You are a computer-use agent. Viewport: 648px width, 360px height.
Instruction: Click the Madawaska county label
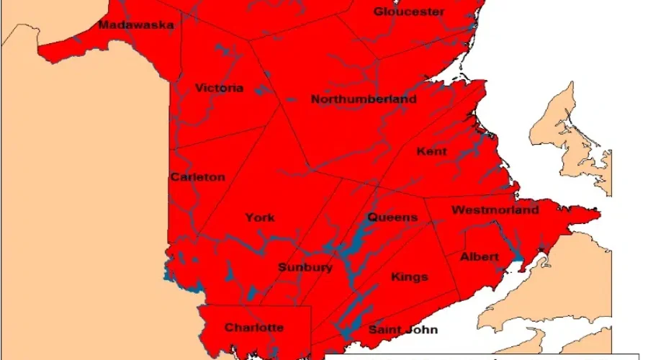click(136, 25)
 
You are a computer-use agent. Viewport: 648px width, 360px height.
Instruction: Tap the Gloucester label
click(409, 12)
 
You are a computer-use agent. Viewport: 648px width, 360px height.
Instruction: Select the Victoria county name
click(220, 89)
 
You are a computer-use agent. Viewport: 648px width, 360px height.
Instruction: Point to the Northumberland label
click(364, 99)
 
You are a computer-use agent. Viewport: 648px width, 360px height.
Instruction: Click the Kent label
click(431, 152)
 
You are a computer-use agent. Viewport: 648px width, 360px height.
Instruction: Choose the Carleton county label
click(198, 177)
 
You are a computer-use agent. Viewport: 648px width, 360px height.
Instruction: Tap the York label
click(259, 217)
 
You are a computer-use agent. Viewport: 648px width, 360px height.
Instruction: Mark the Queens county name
click(392, 217)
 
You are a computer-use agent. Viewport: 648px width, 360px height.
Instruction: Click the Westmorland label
click(495, 210)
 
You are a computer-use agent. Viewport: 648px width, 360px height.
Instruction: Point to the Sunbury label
click(305, 268)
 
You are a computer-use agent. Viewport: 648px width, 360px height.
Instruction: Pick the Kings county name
click(409, 277)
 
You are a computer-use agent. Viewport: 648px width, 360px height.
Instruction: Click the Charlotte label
click(253, 328)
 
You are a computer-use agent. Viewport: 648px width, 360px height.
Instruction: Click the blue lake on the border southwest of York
click(171, 274)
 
